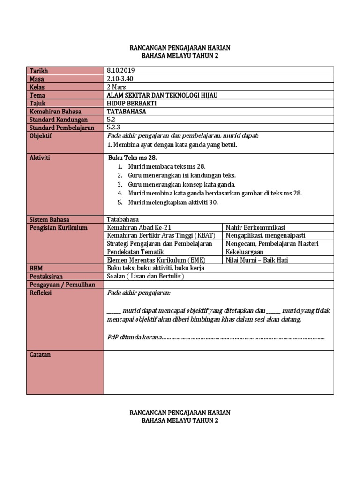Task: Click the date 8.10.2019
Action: coord(121,71)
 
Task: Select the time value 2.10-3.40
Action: coord(121,79)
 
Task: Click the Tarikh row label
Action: coord(39,71)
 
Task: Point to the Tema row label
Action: coord(37,95)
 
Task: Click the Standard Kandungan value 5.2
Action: coord(112,120)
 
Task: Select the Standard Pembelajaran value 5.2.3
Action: coord(114,127)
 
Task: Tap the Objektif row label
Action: coord(41,136)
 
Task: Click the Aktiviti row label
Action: coord(40,158)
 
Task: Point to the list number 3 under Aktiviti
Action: coord(120,184)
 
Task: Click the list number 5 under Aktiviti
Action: coord(120,202)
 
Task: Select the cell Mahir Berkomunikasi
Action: coord(255,228)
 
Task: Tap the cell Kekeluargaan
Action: coord(245,252)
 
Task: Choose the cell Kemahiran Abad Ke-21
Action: coord(138,228)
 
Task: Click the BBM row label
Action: coord(36,268)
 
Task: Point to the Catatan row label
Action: coord(40,355)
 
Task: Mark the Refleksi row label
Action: coord(40,293)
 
